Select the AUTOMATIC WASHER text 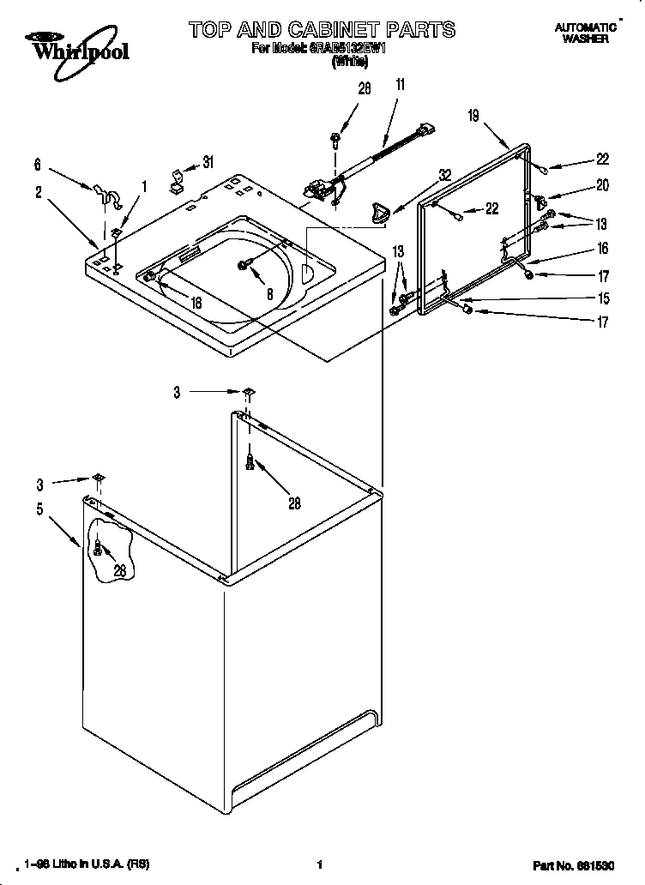coord(587,33)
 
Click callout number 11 coord(400,84)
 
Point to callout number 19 coord(473,116)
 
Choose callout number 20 coord(602,184)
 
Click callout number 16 coord(602,249)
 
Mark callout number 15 coord(603,298)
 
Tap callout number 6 coord(37,165)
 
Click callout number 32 coord(443,174)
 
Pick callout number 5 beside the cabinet coord(39,509)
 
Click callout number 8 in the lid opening coord(270,292)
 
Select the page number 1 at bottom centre coord(320,865)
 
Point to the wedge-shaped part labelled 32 coord(377,210)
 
